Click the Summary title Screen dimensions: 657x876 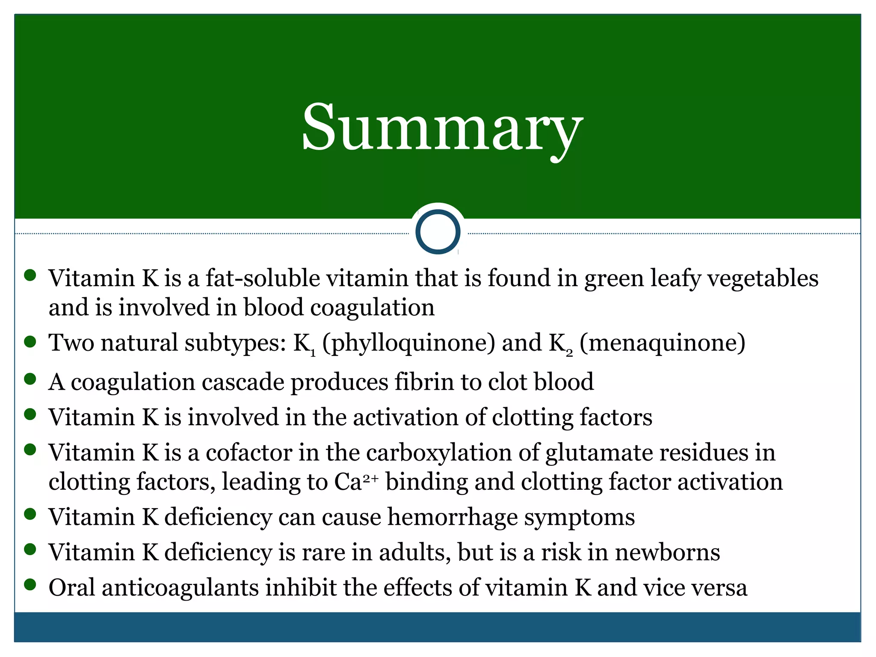tap(442, 127)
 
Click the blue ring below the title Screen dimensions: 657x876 tap(438, 231)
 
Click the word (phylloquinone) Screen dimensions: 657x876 tap(408, 343)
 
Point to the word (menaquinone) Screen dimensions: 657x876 tap(662, 343)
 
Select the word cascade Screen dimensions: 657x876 tap(243, 382)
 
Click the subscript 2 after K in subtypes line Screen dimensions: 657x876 tap(569, 354)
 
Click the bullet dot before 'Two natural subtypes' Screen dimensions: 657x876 tap(30, 342)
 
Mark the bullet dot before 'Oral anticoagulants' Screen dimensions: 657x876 tap(30, 584)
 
